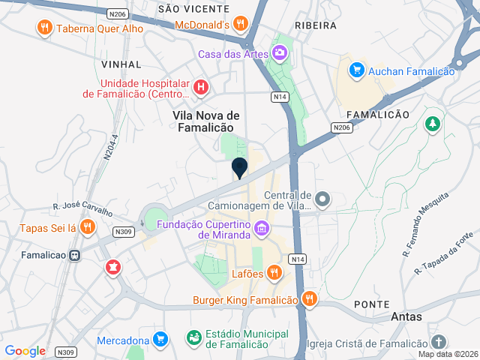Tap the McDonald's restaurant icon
pos(241,24)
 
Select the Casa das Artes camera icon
pos(280,53)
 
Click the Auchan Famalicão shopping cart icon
pos(357,70)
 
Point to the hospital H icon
pos(200,88)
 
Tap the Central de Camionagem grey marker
pos(322,199)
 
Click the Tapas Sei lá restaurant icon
pos(88,226)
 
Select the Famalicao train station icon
pos(75,255)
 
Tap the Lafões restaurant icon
pos(274,271)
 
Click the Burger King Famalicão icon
pos(309,300)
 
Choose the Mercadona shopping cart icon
pos(159,340)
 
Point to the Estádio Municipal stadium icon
pos(194,338)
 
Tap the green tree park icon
pos(432,124)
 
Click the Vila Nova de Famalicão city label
pos(206,121)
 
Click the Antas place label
pos(406,317)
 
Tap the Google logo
pos(25,351)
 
